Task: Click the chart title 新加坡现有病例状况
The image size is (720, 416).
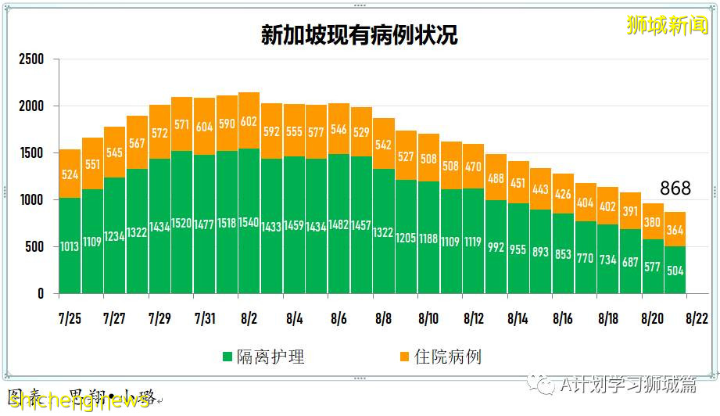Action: click(x=359, y=36)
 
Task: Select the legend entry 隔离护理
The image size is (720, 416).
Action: click(x=264, y=357)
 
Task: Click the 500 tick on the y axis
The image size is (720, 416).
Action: click(x=36, y=247)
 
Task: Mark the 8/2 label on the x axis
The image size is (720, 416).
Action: click(x=249, y=319)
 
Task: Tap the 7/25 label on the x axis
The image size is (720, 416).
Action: click(x=70, y=319)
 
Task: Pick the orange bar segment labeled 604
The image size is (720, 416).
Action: click(x=205, y=127)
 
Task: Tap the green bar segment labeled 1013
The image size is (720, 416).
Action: click(x=70, y=246)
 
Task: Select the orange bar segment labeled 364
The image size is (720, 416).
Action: click(x=675, y=229)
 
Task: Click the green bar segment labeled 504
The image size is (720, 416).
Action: click(x=675, y=271)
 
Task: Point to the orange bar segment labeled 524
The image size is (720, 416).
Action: click(x=70, y=174)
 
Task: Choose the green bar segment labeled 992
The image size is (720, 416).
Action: click(x=496, y=247)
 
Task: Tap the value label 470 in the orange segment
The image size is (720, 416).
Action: click(x=474, y=167)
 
